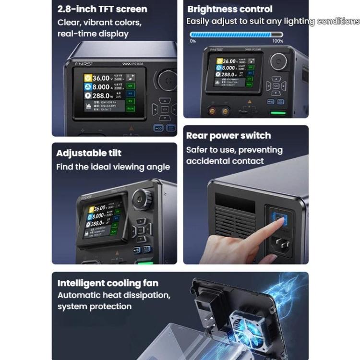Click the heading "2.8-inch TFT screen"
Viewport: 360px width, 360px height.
click(x=102, y=9)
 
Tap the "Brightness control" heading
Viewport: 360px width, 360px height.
click(x=229, y=9)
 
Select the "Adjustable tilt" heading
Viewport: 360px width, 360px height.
click(x=89, y=153)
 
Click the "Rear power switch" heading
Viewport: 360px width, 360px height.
click(x=228, y=136)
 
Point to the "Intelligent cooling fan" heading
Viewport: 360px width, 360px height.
click(x=108, y=283)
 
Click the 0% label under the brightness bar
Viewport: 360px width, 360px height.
click(x=192, y=41)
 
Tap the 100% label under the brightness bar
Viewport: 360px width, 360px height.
click(x=277, y=41)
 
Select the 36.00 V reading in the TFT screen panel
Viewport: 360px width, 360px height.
click(x=101, y=78)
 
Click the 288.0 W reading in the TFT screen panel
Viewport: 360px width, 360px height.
click(x=102, y=96)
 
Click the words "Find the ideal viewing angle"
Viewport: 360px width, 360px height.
click(x=113, y=167)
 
